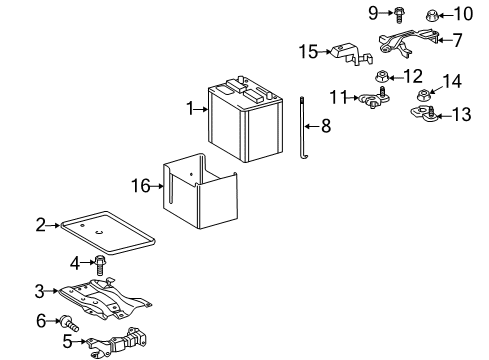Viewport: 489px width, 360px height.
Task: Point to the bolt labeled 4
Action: [100, 265]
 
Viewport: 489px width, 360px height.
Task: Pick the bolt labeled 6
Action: [71, 322]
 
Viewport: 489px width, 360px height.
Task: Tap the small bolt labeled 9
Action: [398, 14]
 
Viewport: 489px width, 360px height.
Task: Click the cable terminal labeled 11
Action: [375, 98]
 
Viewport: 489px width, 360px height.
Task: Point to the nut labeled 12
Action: [381, 75]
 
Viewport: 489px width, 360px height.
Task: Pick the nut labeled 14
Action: [423, 96]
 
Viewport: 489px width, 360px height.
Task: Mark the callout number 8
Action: [323, 125]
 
